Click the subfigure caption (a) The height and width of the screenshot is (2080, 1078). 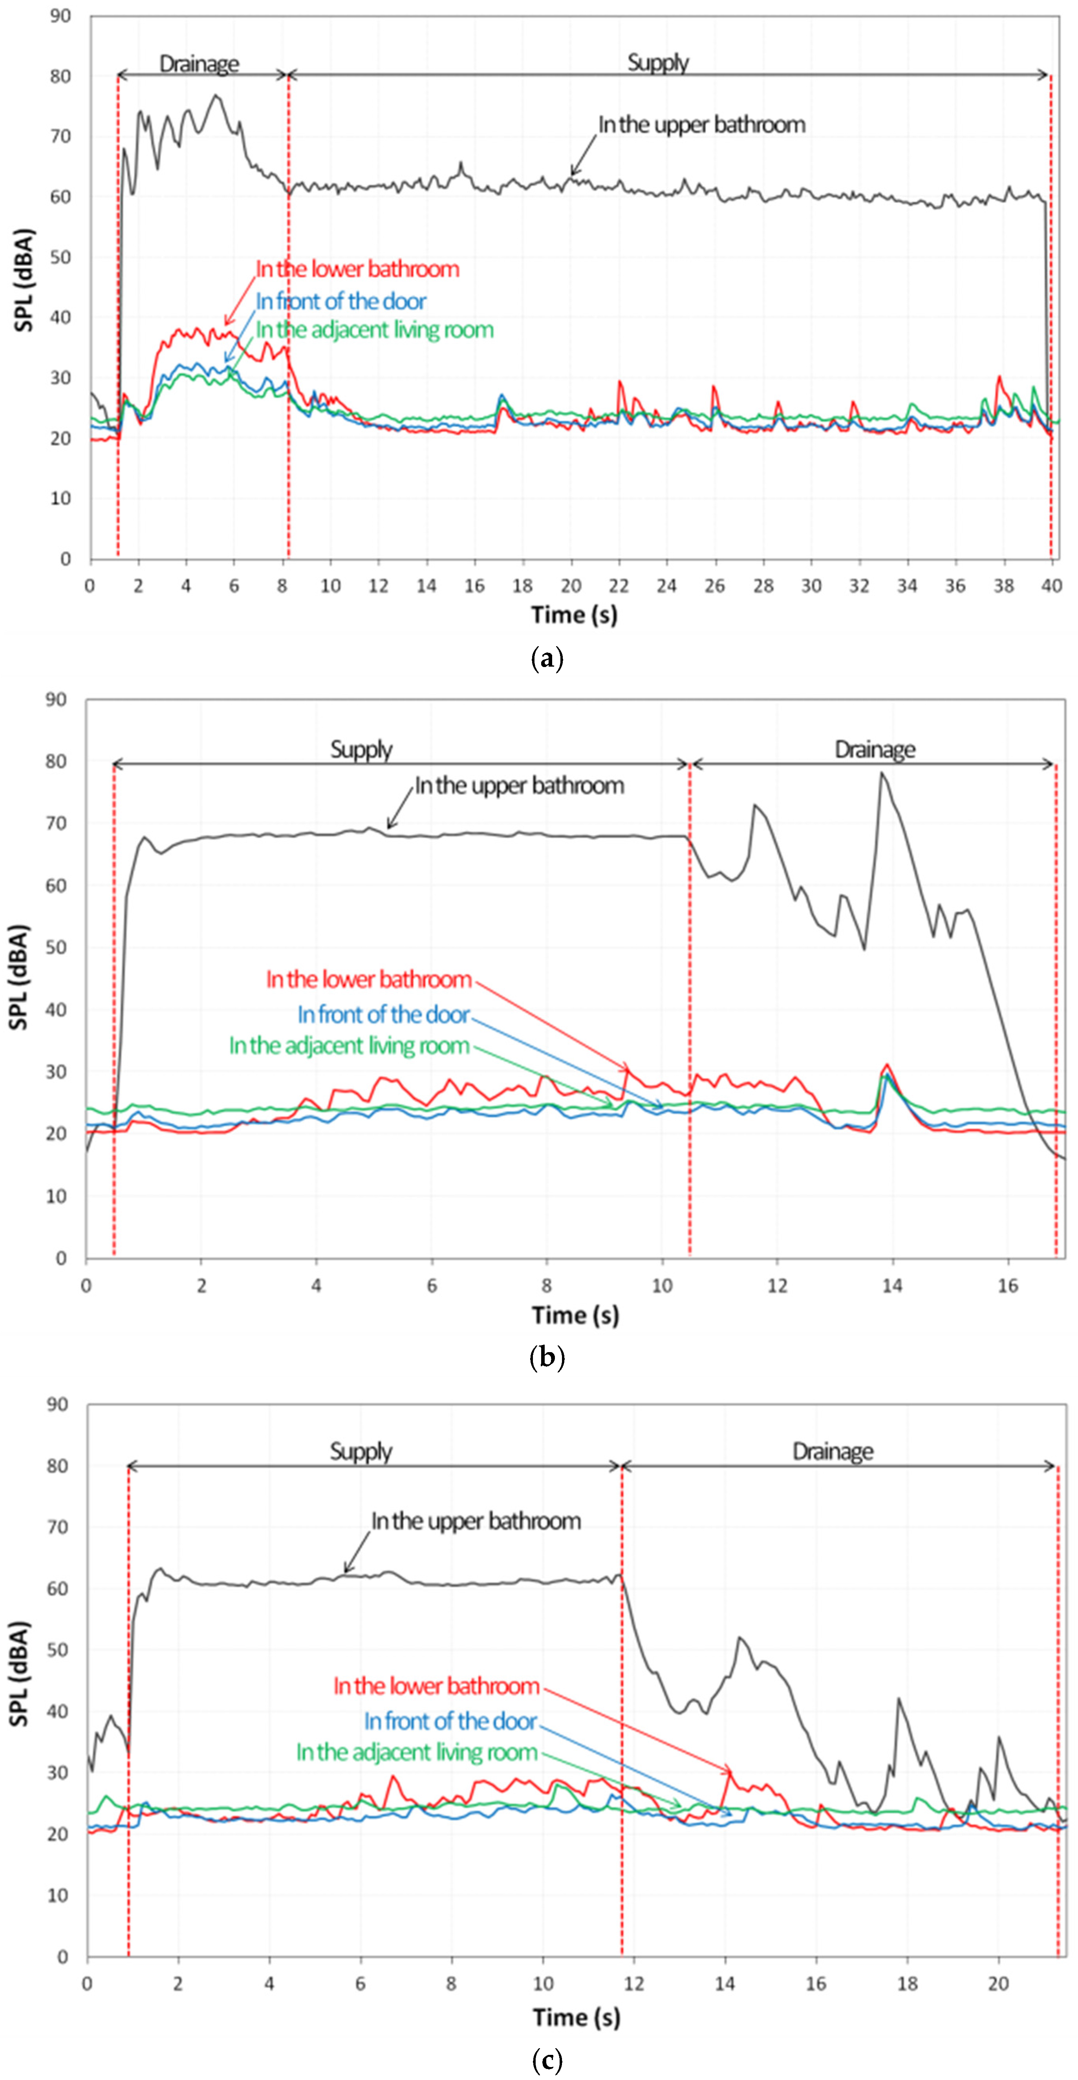547,659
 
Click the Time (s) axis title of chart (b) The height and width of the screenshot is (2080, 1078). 575,1315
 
